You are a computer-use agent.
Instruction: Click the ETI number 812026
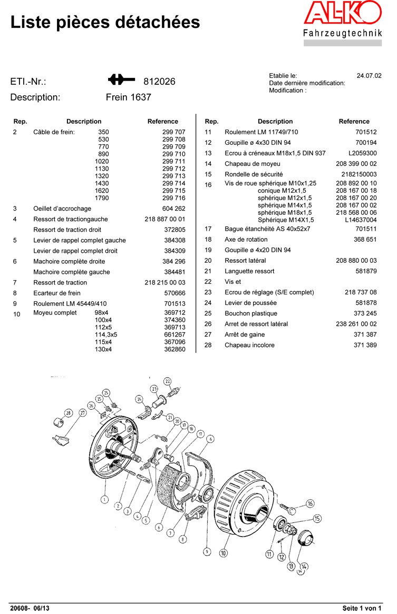[x=159, y=82]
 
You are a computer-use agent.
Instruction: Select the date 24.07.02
[x=369, y=76]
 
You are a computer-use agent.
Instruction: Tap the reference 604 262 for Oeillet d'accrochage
[x=174, y=209]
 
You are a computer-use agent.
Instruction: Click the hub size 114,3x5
[x=105, y=334]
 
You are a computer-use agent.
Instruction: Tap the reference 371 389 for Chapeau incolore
[x=365, y=345]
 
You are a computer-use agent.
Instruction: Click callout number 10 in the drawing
[x=224, y=553]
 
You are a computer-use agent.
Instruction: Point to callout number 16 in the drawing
[x=310, y=504]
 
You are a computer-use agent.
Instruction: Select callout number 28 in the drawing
[x=68, y=413]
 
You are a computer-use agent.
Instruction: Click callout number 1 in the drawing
[x=104, y=499]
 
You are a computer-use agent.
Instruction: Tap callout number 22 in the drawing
[x=167, y=381]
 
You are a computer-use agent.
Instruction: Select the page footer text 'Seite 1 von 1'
[x=362, y=608]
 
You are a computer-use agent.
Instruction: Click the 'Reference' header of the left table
[x=163, y=121]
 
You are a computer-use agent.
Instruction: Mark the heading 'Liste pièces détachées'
[x=105, y=22]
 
